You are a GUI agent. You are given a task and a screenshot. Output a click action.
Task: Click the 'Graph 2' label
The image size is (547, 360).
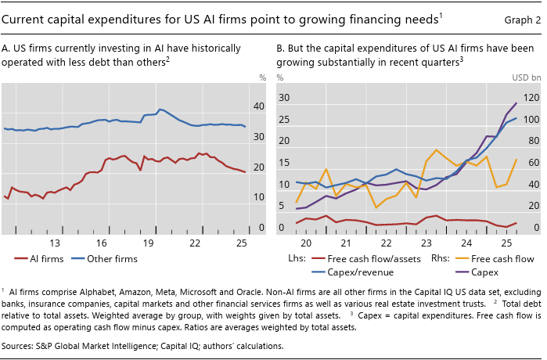522,20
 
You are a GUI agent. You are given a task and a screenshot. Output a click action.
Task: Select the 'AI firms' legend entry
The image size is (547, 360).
39,259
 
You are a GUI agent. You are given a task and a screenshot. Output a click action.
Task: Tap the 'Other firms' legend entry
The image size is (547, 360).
104,259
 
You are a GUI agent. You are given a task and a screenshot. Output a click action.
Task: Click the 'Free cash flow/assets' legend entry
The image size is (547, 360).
366,259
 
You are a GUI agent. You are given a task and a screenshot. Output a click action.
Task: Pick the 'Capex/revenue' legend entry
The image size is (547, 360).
353,272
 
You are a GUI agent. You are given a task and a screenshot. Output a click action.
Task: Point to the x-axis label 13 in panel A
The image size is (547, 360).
55,243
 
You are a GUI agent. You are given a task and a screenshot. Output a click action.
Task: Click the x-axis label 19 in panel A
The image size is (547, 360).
148,243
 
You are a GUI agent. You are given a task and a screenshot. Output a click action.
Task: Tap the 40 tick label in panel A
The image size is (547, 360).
259,106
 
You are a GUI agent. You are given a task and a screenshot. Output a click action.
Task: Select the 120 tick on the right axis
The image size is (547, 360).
531,98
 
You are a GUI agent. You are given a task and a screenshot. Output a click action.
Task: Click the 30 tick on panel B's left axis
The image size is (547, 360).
284,98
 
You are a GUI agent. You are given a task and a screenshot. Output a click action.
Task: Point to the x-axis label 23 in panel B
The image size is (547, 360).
426,243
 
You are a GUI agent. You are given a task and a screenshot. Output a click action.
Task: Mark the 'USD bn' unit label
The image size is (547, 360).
527,77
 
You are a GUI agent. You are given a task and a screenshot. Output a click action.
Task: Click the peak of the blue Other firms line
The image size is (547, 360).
160,110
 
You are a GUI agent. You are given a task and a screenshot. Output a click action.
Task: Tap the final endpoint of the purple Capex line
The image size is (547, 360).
516,103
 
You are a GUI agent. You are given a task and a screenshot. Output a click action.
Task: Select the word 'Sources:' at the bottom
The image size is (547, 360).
17,346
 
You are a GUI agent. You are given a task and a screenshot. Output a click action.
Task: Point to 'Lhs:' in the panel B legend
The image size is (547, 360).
297,258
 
